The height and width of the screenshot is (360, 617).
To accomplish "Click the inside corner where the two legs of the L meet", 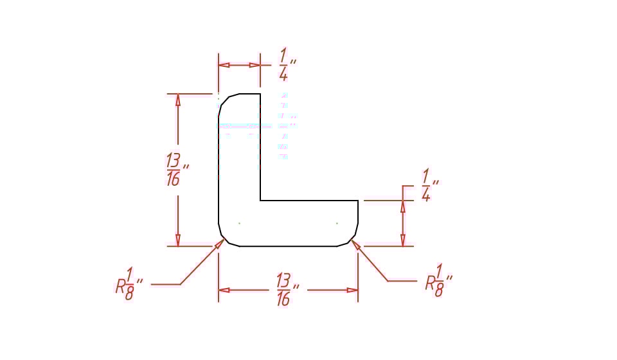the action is (260, 201).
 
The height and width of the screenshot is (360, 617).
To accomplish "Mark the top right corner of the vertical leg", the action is (260, 94).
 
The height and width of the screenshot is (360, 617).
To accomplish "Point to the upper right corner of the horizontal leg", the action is (358, 201).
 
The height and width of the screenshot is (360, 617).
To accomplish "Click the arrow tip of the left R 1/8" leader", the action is (224, 239).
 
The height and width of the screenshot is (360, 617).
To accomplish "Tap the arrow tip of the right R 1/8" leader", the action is (352, 240).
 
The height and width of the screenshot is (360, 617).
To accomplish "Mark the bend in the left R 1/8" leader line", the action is (180, 284).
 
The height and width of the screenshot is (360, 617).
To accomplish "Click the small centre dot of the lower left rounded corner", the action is (239, 224).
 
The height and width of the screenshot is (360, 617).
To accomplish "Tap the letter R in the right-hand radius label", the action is (430, 283).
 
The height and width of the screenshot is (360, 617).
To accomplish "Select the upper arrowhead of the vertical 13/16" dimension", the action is (178, 100).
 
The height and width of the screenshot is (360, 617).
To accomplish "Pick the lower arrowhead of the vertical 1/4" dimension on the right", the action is (402, 240).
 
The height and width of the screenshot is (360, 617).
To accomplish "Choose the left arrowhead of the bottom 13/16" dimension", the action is (224, 291).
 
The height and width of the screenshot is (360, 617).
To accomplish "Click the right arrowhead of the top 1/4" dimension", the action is (255, 65).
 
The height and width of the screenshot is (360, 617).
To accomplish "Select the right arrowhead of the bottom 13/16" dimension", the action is (352, 291).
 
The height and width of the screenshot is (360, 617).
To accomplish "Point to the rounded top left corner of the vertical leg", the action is (226, 101).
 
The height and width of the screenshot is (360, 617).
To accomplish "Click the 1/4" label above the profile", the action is (287, 64).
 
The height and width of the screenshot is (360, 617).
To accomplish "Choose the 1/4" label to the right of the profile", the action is (430, 185).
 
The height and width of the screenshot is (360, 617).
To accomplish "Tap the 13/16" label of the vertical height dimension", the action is (177, 170).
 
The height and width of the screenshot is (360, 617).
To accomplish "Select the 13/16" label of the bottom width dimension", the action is (287, 290).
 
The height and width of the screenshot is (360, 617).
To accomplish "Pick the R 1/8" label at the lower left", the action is (129, 283).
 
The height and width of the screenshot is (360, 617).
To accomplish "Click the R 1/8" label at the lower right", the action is (438, 280).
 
